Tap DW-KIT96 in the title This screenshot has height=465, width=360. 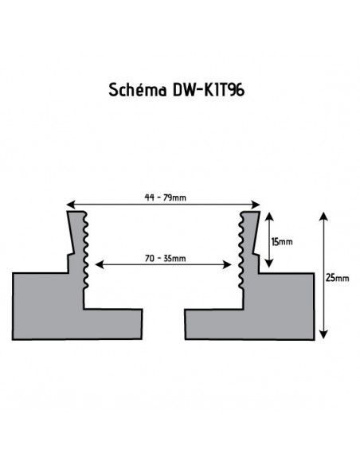coord(206,90)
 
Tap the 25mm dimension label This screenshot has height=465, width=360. coord(338,277)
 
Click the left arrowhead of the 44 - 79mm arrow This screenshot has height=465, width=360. coord(68,204)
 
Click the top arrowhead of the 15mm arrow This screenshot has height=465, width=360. coord(271,214)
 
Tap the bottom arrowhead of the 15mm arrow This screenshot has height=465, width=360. coord(271,265)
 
